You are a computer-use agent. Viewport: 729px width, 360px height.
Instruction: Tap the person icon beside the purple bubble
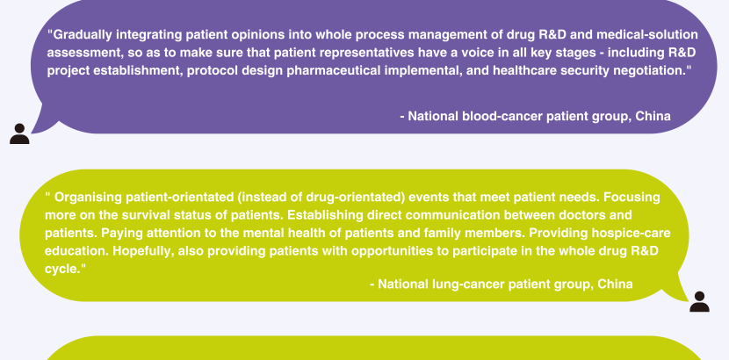click(x=19, y=133)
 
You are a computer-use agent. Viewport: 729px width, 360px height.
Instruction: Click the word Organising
click(x=88, y=198)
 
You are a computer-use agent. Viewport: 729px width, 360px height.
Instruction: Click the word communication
click(x=453, y=215)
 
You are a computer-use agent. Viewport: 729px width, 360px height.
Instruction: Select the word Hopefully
click(x=143, y=251)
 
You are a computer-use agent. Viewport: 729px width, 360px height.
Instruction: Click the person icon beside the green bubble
click(x=699, y=302)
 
